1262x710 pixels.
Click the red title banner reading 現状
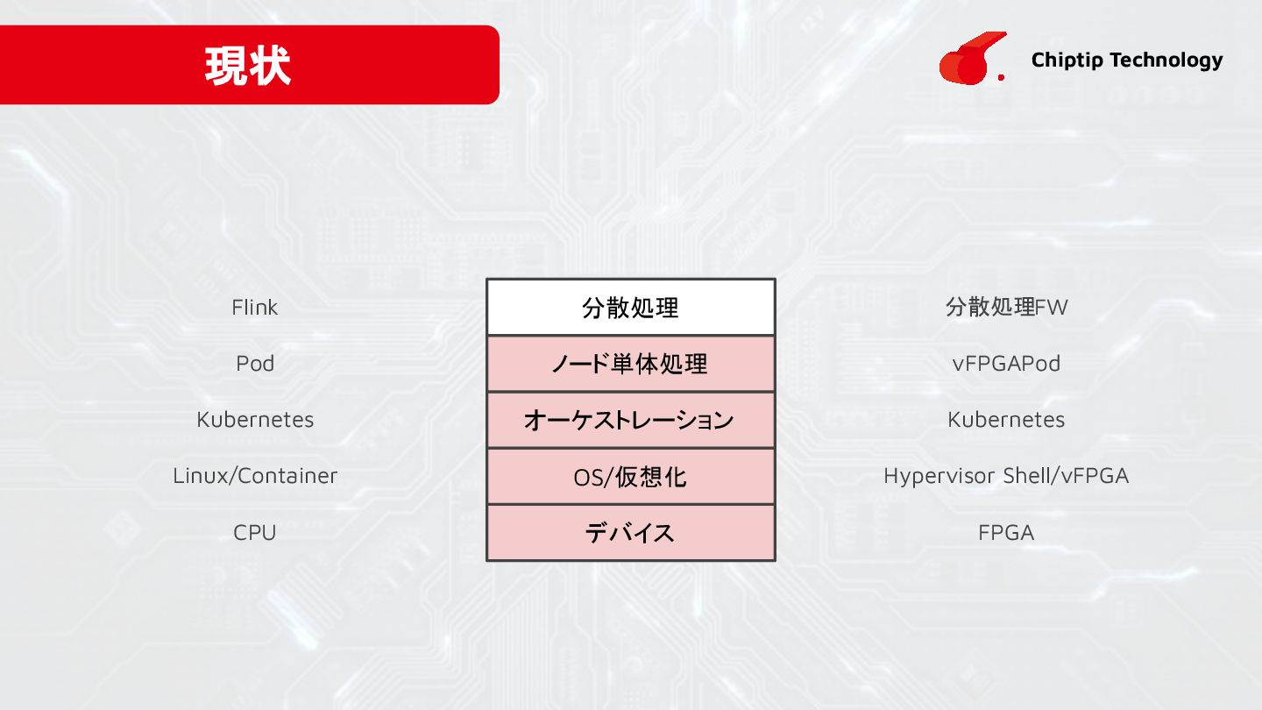point(249,65)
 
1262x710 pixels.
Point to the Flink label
point(254,308)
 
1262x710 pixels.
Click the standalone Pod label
point(255,363)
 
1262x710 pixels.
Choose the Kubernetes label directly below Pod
point(255,419)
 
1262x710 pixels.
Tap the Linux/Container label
point(255,475)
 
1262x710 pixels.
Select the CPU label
point(255,532)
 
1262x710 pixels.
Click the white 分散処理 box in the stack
point(630,308)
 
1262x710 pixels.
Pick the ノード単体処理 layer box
point(630,364)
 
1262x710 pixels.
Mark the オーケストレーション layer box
point(630,420)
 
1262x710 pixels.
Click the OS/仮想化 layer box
point(630,476)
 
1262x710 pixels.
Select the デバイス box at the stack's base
point(630,532)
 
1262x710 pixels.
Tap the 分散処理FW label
point(1006,308)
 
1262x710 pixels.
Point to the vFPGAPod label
point(1006,363)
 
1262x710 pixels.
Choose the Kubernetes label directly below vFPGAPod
point(1006,419)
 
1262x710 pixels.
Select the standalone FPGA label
point(1006,532)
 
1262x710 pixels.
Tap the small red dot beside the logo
point(1001,77)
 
